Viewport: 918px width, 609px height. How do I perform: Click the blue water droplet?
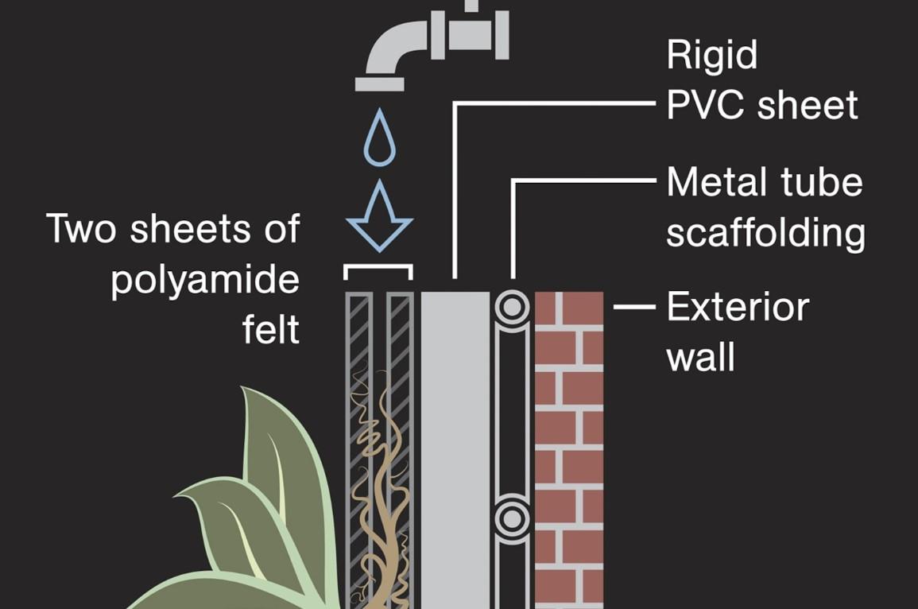(380, 139)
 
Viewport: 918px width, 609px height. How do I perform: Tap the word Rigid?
(712, 56)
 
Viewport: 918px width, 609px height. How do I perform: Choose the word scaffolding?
(765, 233)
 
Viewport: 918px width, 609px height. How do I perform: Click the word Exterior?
(738, 308)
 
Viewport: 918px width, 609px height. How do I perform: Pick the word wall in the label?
(700, 357)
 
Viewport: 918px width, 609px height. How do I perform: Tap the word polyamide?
(205, 280)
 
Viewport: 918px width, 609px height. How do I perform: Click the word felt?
(271, 330)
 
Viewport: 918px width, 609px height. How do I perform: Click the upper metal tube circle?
(513, 307)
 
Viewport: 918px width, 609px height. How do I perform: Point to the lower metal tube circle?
(513, 518)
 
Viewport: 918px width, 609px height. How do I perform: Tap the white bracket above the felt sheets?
(378, 268)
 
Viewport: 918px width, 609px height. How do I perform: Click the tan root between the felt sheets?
(380, 477)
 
